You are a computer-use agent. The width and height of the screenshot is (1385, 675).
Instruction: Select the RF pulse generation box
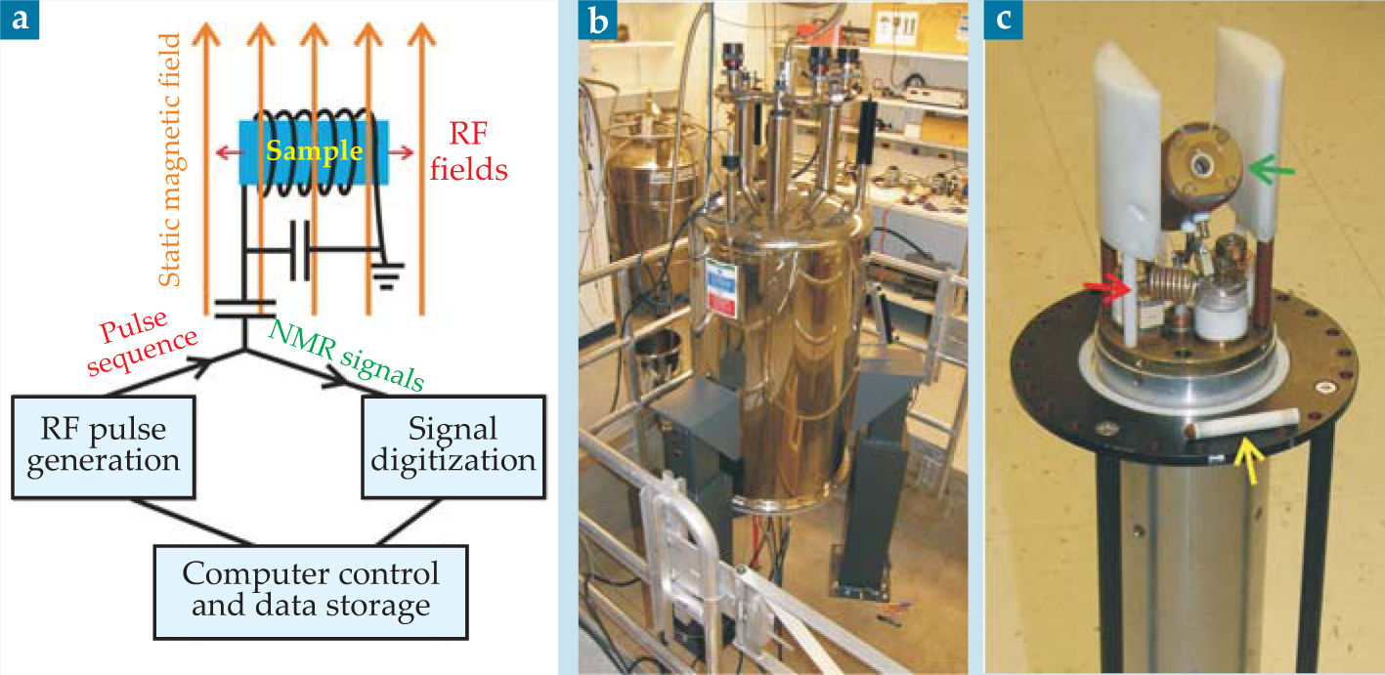click(104, 444)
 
